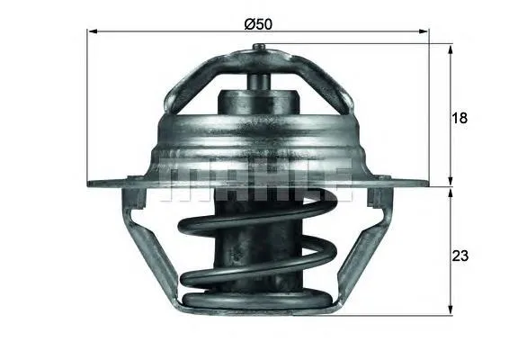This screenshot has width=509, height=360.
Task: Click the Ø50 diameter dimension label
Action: [258, 24]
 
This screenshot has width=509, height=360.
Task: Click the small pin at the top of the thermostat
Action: [258, 80]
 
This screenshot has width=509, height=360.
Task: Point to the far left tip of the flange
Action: [91, 184]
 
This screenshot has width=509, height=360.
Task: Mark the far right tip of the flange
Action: [425, 184]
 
